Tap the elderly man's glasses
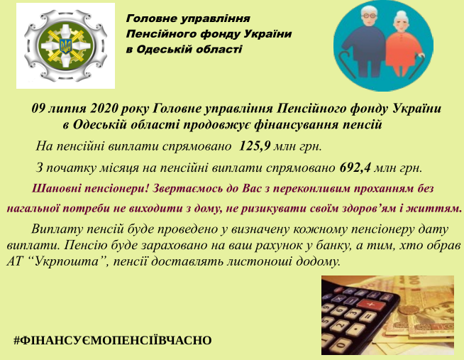click(x=370, y=15)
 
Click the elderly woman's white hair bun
click(x=402, y=13)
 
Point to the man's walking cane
click(x=348, y=63)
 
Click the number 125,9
click(x=254, y=146)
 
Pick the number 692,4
click(x=355, y=168)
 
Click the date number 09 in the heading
click(x=38, y=109)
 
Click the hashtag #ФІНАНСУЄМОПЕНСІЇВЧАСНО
click(x=112, y=340)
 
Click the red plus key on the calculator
click(x=371, y=304)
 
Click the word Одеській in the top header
click(x=157, y=49)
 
